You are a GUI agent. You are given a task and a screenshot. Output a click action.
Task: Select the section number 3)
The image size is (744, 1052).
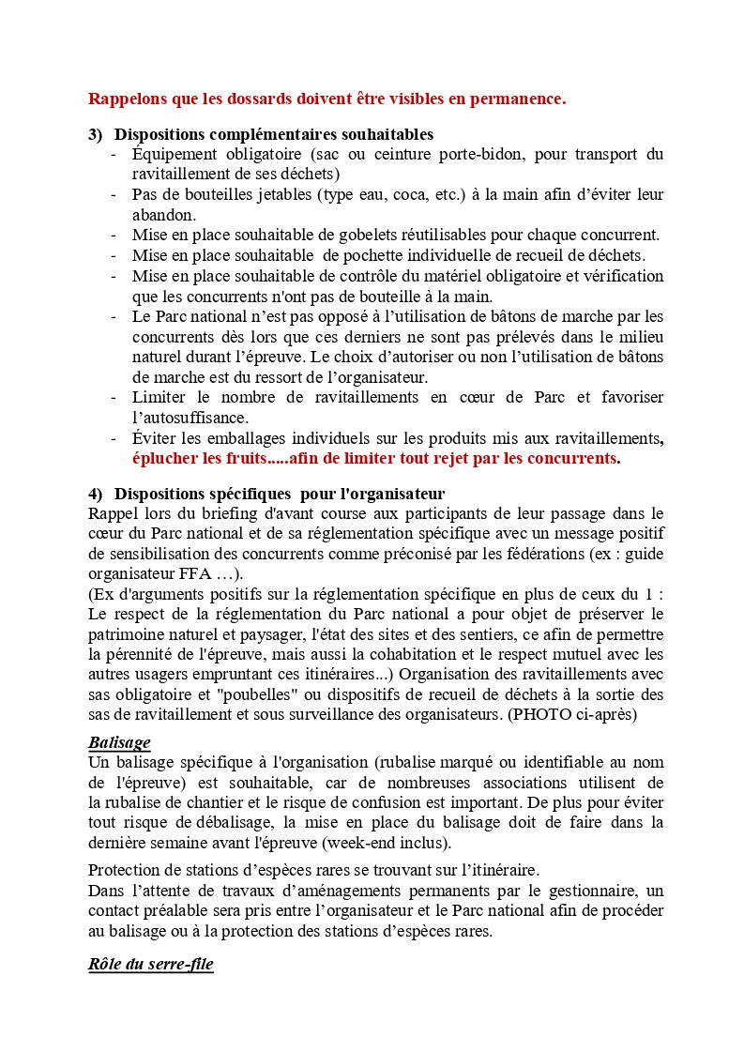[95, 135]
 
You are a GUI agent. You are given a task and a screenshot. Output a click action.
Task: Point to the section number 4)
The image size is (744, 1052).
[95, 494]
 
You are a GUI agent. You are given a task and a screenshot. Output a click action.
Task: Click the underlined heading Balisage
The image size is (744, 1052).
[119, 742]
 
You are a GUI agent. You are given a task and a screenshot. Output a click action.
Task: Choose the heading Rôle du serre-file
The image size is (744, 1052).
[150, 965]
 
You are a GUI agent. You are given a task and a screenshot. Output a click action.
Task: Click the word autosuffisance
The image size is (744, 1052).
[190, 418]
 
